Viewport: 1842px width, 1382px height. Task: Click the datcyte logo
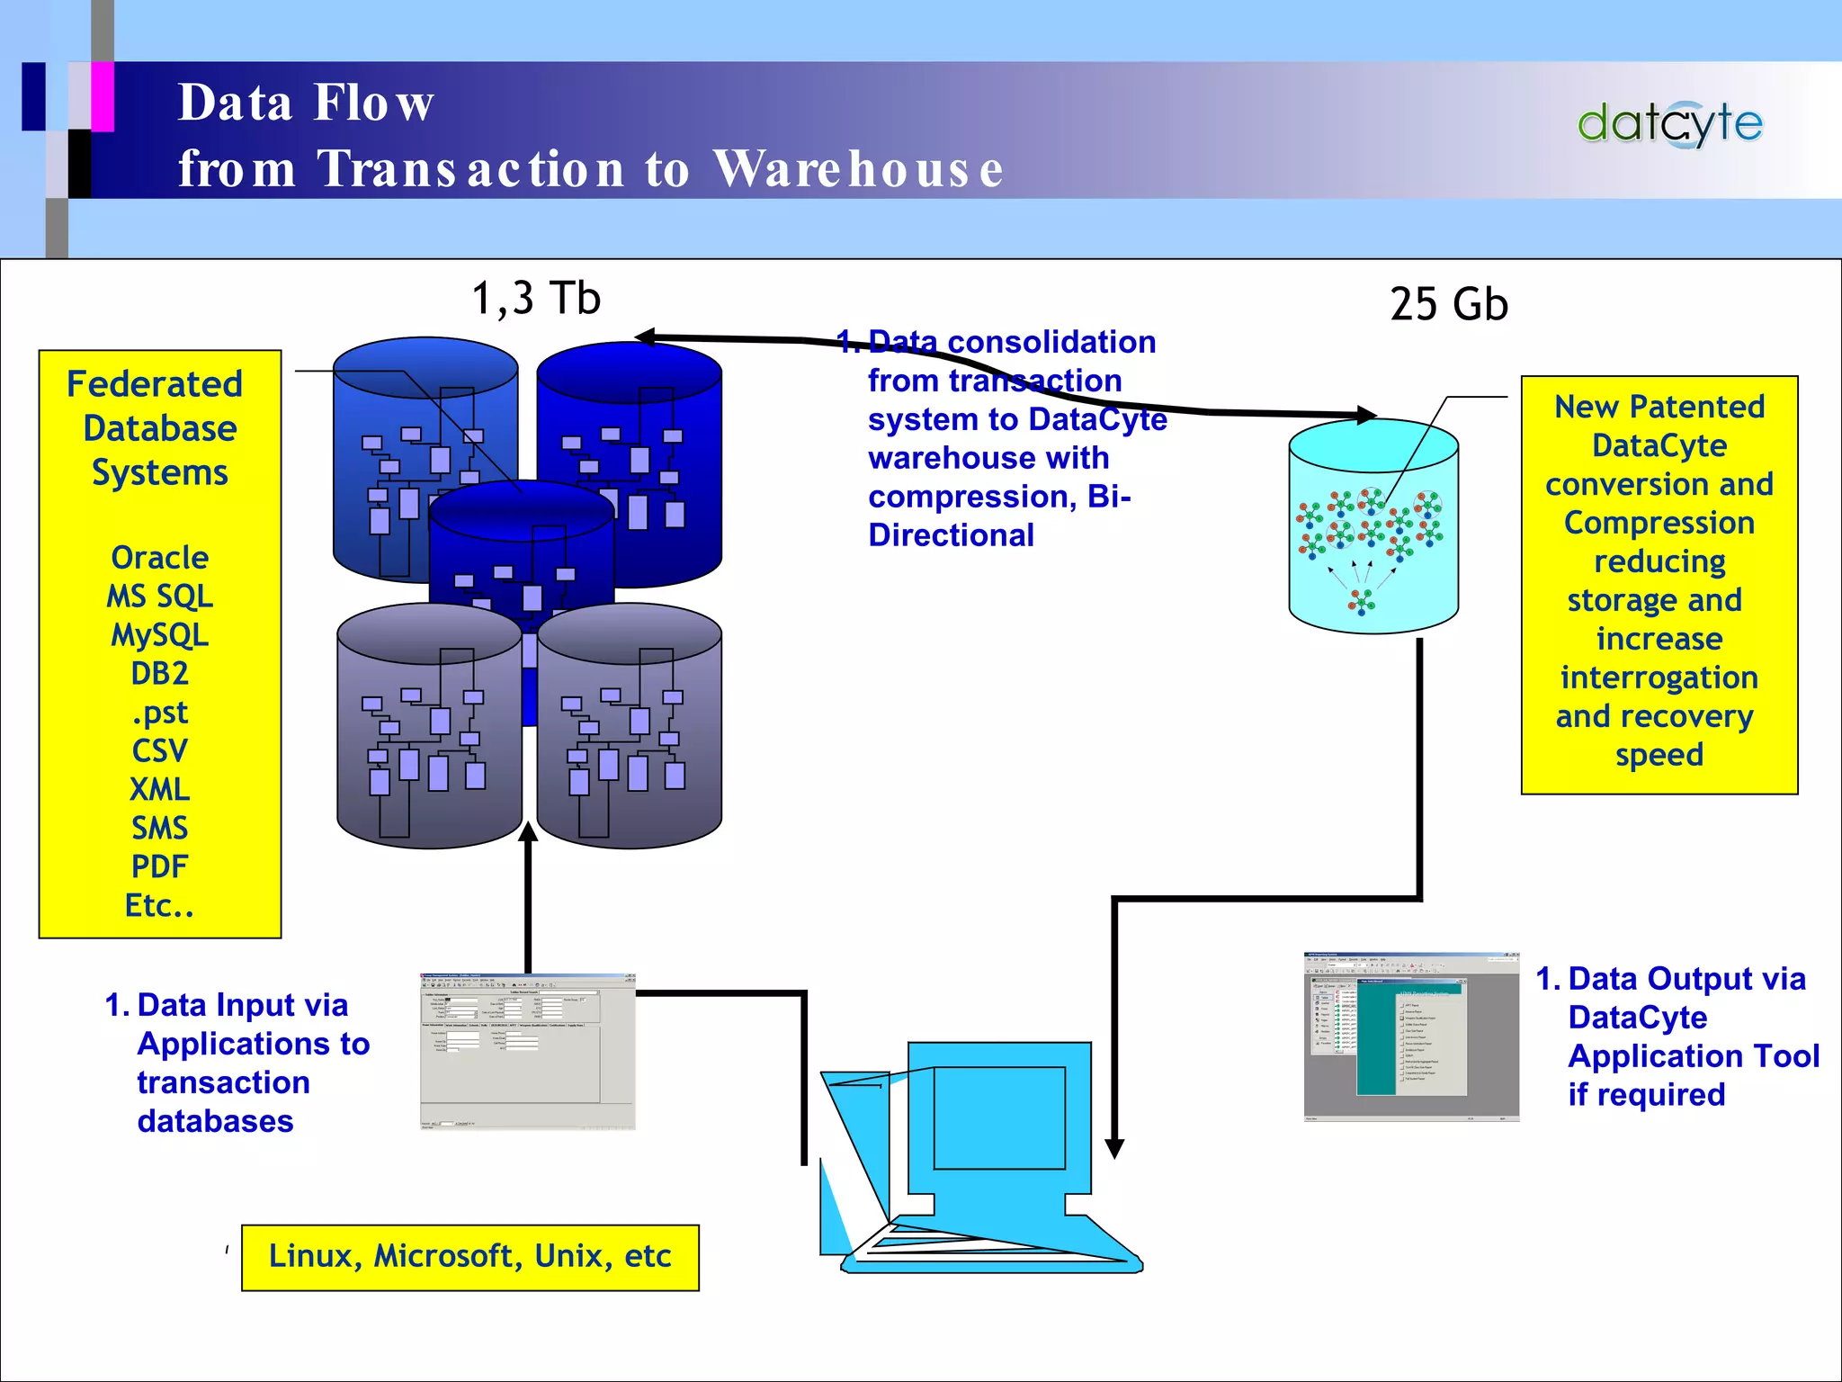click(x=1669, y=124)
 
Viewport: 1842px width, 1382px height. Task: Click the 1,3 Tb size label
click(x=536, y=299)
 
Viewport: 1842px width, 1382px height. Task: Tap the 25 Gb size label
click(x=1448, y=304)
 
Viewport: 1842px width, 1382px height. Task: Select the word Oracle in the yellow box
click(x=160, y=558)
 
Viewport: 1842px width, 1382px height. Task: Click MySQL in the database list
click(x=160, y=635)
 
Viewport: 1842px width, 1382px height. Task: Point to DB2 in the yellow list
click(x=160, y=674)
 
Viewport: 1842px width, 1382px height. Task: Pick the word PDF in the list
click(x=160, y=866)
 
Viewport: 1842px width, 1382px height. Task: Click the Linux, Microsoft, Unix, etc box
click(x=469, y=1257)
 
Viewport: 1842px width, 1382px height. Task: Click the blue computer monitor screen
click(x=998, y=1117)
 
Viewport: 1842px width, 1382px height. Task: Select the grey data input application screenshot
click(x=528, y=1051)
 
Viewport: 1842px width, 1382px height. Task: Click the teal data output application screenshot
click(x=1410, y=1036)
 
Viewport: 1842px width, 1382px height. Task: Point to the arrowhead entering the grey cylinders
click(x=529, y=832)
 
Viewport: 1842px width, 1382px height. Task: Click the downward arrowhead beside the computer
click(x=1114, y=1148)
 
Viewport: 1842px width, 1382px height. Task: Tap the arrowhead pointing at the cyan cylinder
click(x=1365, y=415)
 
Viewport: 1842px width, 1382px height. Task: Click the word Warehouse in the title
click(x=858, y=169)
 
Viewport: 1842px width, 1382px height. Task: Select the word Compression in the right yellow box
click(x=1659, y=523)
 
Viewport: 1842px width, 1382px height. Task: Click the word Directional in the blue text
click(x=951, y=535)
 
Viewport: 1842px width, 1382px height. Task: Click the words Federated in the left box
click(x=155, y=384)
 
